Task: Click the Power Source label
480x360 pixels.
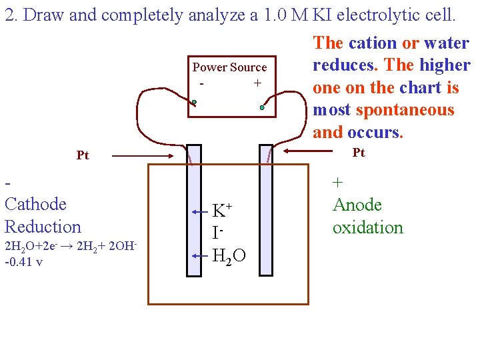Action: coord(229,67)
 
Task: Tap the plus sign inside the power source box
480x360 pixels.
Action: coord(257,83)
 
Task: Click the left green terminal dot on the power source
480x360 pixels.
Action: coord(194,103)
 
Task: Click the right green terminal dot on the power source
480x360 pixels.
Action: coord(263,107)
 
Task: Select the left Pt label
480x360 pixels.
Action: coord(83,155)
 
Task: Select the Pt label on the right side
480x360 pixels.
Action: coord(359,153)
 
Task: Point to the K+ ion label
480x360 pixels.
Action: coord(222,211)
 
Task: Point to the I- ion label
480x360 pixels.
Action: coord(217,234)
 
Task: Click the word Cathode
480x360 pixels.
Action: coord(36,204)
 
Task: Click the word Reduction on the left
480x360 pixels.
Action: coord(43,227)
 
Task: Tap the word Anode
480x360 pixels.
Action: coord(357,205)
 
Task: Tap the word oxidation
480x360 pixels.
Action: coord(368,227)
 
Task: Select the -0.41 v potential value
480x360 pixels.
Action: coord(23,261)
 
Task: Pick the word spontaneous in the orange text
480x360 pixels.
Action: coord(405,109)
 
